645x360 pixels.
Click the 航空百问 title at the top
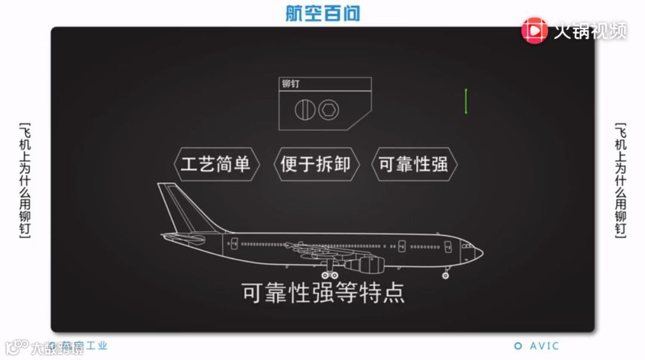(x=322, y=13)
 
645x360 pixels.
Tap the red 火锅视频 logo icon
(x=535, y=30)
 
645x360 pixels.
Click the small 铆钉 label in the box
(x=291, y=84)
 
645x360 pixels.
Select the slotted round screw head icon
(x=305, y=109)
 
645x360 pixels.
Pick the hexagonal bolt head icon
(x=328, y=109)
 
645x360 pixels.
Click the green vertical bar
(x=466, y=101)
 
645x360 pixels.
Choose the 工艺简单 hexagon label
(x=216, y=164)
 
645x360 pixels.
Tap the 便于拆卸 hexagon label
(x=315, y=164)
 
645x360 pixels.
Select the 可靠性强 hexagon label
(x=414, y=164)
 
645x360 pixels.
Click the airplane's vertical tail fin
(x=179, y=206)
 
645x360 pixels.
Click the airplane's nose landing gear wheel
(x=446, y=276)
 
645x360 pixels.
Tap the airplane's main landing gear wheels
(x=329, y=275)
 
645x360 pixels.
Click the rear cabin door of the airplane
(x=234, y=244)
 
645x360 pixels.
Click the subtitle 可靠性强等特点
(x=322, y=293)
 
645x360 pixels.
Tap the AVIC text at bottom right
(x=543, y=346)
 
